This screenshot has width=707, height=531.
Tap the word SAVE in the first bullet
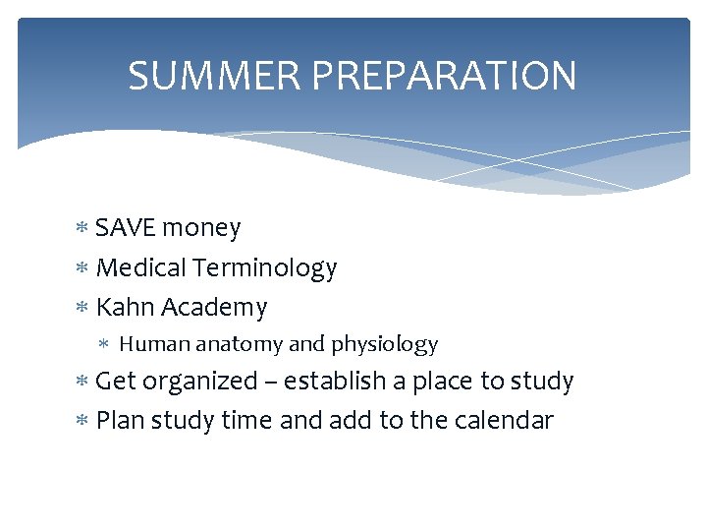126,228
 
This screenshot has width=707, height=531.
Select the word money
201,228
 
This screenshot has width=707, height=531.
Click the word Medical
142,267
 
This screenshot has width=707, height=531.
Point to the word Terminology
265,267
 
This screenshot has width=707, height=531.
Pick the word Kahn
126,308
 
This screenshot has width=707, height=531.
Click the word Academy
214,308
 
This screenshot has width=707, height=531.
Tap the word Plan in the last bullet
120,421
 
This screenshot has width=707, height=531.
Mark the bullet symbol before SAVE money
82,229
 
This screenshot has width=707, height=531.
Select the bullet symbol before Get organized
82,382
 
